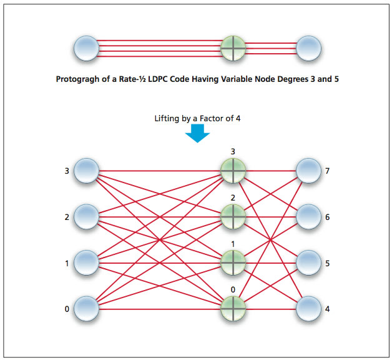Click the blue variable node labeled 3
[86, 170]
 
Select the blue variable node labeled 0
[86, 308]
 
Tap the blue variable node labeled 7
[308, 170]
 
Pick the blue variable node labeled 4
[308, 308]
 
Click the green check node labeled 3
[233, 170]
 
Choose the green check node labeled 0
[233, 308]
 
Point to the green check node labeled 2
[233, 216]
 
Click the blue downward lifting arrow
[198, 132]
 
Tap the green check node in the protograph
[233, 48]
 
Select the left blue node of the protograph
[86, 48]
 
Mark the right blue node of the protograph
[308, 48]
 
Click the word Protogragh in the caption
[79, 80]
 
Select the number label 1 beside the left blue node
[67, 263]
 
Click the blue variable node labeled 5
[308, 262]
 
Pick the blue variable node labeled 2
[86, 216]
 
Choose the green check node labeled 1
[233, 262]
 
